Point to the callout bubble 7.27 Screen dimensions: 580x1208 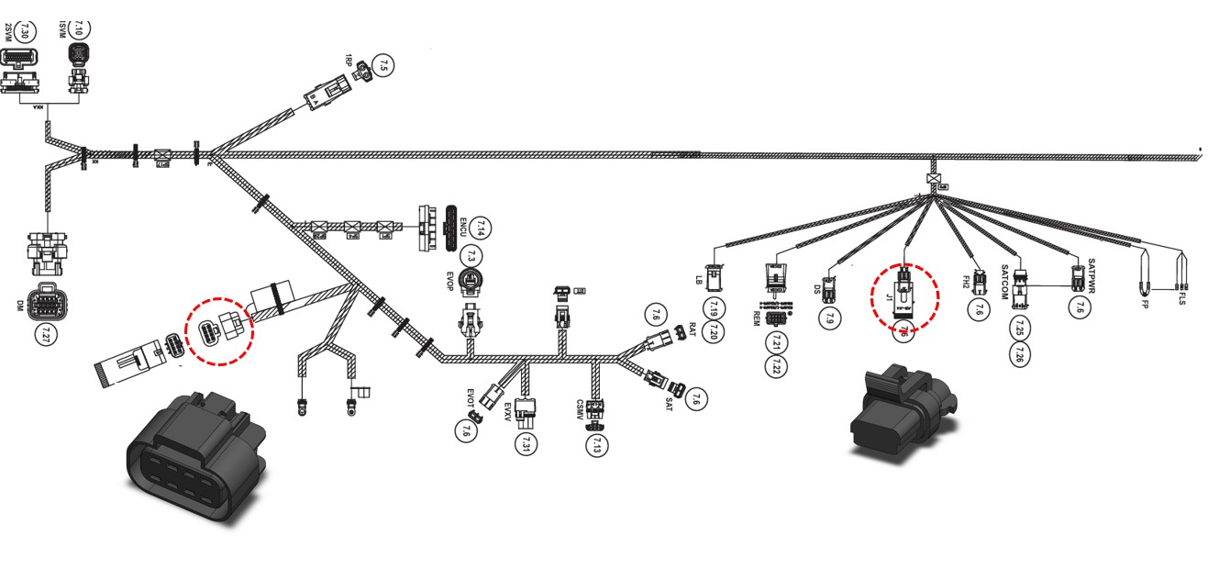coord(43,334)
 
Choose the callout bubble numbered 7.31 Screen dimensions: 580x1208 coord(526,445)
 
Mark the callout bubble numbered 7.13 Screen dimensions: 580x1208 coord(598,446)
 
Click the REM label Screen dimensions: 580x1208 coord(758,318)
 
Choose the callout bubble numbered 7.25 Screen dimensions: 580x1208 coord(1019,328)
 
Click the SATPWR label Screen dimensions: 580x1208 coord(1092,273)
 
